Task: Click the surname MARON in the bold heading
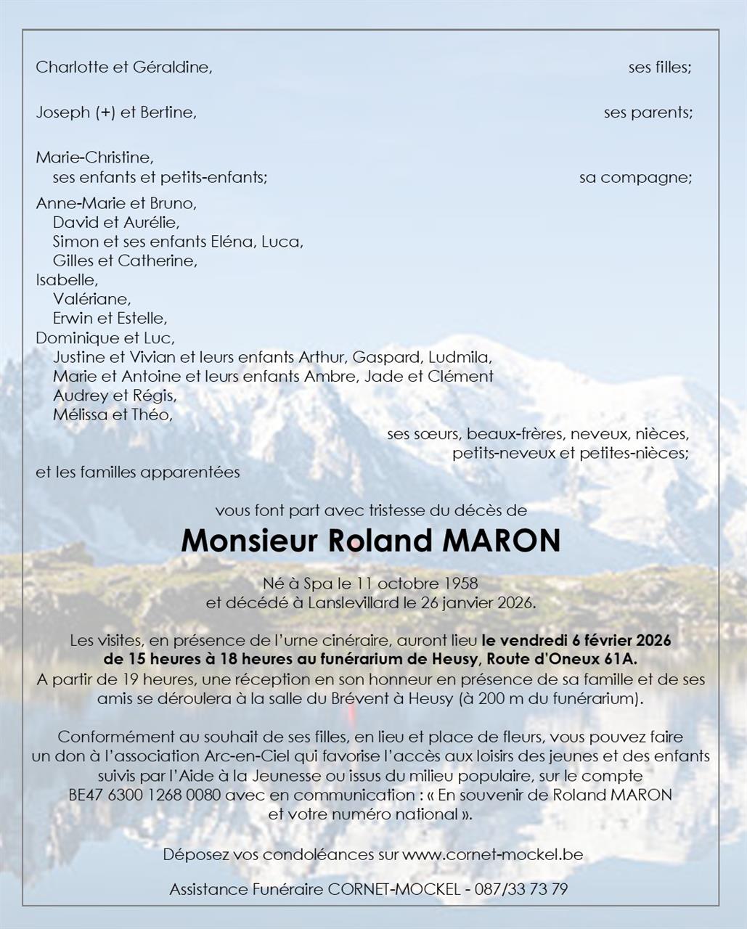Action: coord(501,541)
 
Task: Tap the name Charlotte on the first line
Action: coord(67,67)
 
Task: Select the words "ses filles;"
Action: coord(660,67)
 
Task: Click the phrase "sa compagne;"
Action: coord(635,178)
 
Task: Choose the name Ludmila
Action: coord(460,357)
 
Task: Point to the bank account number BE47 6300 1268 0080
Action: coord(144,795)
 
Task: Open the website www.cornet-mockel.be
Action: coord(493,854)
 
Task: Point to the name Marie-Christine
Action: coord(94,157)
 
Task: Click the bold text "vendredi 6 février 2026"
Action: coord(586,641)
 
